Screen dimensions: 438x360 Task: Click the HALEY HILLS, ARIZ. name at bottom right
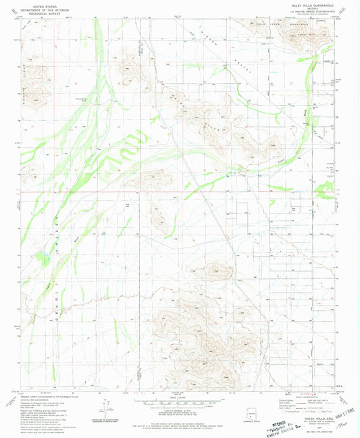click(x=315, y=418)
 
